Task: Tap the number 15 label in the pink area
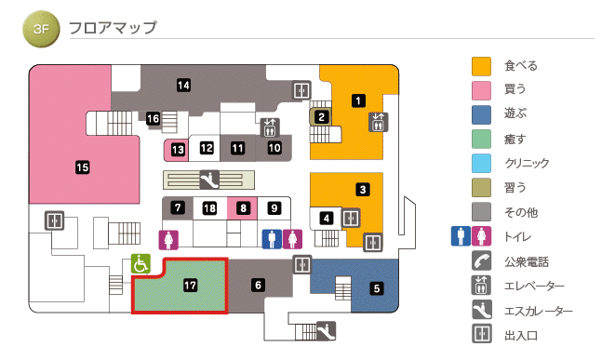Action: (82, 167)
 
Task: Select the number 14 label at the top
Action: (184, 86)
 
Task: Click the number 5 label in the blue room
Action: (377, 287)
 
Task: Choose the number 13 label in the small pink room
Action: (177, 149)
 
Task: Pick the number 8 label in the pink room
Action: (243, 208)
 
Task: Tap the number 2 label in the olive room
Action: (321, 117)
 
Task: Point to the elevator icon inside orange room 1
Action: (378, 122)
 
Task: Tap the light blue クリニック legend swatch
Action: (481, 164)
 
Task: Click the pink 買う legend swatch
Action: (481, 90)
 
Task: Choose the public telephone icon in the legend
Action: (481, 261)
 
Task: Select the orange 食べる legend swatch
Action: (481, 66)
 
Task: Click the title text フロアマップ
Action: (113, 29)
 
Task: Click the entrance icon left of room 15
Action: (55, 220)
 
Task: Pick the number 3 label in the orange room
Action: (362, 190)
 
